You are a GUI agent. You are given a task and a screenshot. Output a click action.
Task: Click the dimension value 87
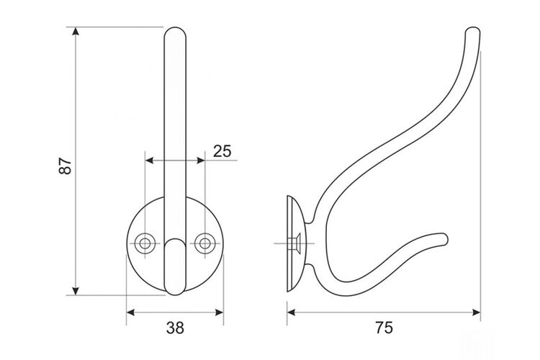[66, 166]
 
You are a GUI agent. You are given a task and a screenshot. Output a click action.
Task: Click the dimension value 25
[222, 151]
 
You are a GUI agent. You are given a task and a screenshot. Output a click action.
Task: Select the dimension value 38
[175, 328]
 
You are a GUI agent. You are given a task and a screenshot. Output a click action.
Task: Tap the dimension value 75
[384, 328]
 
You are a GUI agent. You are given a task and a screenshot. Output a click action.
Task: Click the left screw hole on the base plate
[145, 243]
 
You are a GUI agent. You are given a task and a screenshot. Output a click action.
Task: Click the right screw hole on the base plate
[205, 243]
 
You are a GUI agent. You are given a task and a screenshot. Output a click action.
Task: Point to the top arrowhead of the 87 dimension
[76, 31]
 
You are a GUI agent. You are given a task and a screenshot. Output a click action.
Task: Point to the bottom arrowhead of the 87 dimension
[76, 291]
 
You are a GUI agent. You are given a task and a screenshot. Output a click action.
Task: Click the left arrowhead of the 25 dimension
[149, 160]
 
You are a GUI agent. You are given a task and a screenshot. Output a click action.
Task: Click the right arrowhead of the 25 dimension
[201, 160]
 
